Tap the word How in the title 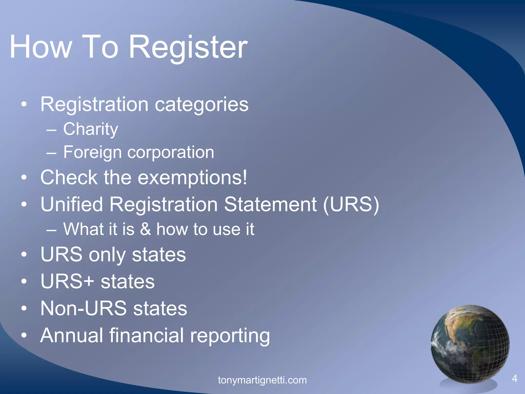(41, 47)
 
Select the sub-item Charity (90, 129)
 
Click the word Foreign (92, 152)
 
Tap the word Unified (72, 204)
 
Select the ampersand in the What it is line (145, 229)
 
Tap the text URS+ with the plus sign (67, 281)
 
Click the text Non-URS (84, 308)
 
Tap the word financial (146, 335)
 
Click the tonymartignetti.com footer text (262, 380)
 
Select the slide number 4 (514, 378)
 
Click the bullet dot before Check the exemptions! (24, 178)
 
